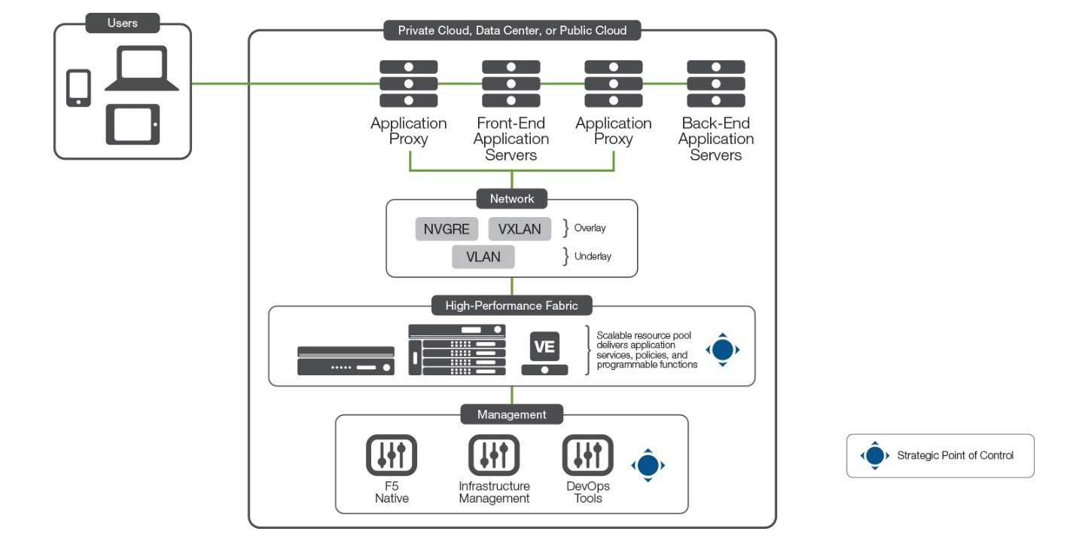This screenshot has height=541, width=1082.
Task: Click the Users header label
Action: click(122, 23)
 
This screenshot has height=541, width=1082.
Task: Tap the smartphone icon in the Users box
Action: click(78, 88)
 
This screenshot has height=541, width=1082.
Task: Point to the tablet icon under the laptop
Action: click(133, 124)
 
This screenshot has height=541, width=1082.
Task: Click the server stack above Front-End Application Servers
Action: click(511, 84)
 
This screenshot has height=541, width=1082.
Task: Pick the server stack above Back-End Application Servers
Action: click(715, 84)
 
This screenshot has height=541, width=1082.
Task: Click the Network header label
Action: click(511, 199)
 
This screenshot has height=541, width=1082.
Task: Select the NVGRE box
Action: click(447, 229)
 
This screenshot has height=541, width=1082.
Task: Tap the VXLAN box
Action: click(520, 229)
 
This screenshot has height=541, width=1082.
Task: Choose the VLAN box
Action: click(483, 257)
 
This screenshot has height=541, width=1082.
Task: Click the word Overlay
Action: click(590, 228)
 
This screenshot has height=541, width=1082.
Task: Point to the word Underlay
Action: click(593, 256)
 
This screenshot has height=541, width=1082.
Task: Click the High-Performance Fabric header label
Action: click(511, 306)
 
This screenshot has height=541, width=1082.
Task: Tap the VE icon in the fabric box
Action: click(544, 347)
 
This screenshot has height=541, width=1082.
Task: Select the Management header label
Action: click(511, 414)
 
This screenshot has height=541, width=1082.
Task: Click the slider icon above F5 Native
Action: click(392, 454)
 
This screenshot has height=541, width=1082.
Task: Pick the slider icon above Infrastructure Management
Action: click(494, 454)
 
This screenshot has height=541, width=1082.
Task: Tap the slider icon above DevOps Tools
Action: click(587, 454)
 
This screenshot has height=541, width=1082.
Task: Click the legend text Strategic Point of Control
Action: click(955, 455)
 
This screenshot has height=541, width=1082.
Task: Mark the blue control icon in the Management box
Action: click(648, 465)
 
